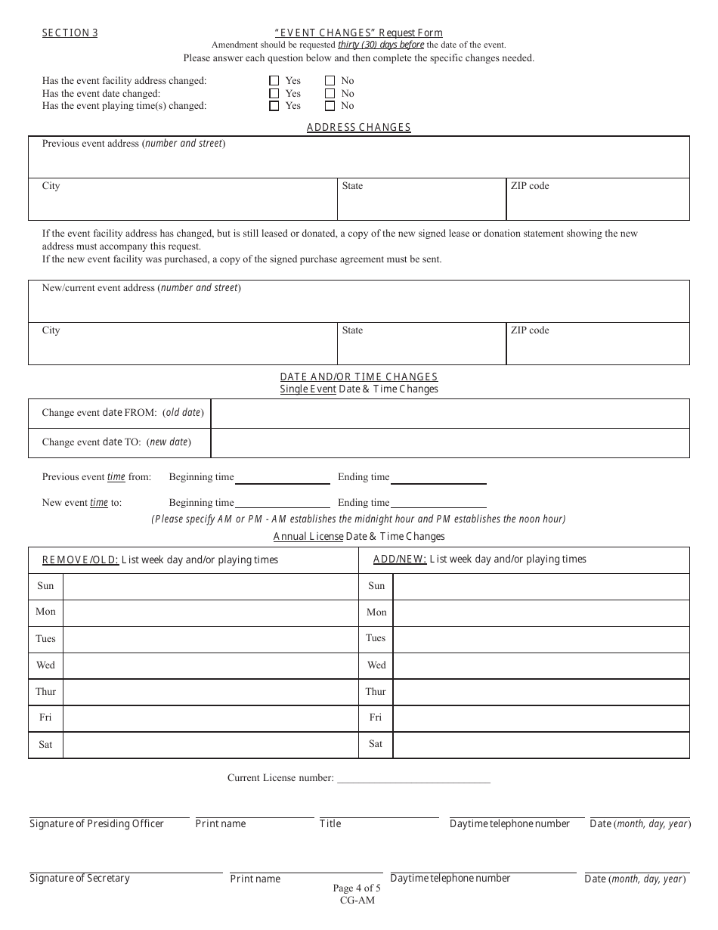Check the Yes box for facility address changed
[274, 81]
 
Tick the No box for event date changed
[330, 94]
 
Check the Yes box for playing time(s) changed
[274, 106]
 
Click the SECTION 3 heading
[70, 33]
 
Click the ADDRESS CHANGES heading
[358, 127]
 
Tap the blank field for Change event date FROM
[450, 414]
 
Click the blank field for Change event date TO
[450, 443]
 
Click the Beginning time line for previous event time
[282, 479]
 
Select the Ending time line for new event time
[438, 504]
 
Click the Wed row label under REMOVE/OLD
[45, 665]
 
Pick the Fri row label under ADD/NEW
[376, 718]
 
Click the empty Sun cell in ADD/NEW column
[540, 586]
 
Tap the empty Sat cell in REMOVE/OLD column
[210, 745]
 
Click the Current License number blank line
[413, 778]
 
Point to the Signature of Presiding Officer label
[97, 823]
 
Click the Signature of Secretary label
[79, 878]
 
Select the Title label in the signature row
[330, 823]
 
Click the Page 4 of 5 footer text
[357, 888]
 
